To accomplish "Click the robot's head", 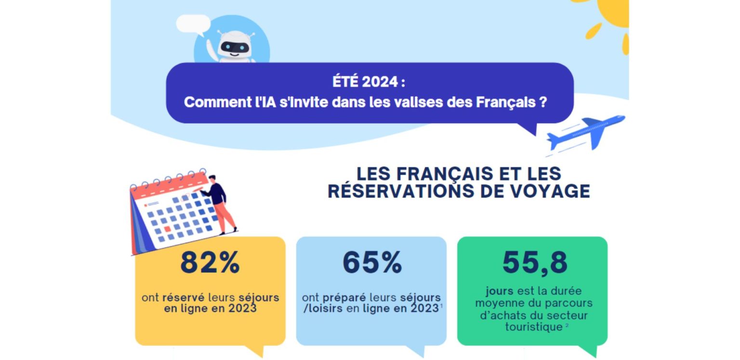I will pos(235,46).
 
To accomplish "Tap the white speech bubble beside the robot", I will pos(193,23).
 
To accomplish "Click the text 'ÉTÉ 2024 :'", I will pos(369,82).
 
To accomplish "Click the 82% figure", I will pos(210,263).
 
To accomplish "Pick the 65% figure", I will pos(372,263).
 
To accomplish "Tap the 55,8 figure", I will pos(535,263).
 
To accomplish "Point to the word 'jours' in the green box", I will pos(500,292).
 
